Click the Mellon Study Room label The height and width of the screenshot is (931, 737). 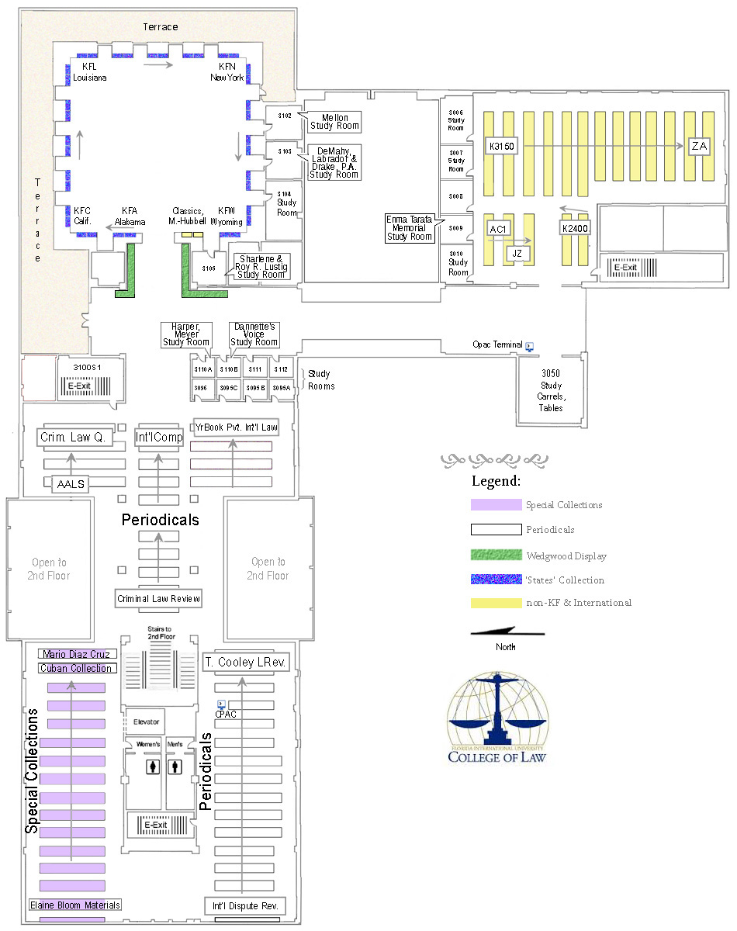pos(335,122)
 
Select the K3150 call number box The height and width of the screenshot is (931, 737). pos(502,145)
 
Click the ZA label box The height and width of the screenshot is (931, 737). pos(699,145)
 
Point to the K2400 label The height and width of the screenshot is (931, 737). pos(575,228)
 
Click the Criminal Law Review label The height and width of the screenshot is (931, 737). pos(159,598)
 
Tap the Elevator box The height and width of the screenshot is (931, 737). pos(146,722)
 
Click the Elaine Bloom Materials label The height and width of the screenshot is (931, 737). pos(75,905)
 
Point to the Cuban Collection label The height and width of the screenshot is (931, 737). pos(78,668)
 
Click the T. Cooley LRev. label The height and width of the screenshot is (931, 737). pos(245,663)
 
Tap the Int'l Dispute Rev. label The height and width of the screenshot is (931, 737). pos(245,905)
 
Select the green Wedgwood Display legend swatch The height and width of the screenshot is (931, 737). pos(496,555)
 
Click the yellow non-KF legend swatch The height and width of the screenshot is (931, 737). pos(496,603)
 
